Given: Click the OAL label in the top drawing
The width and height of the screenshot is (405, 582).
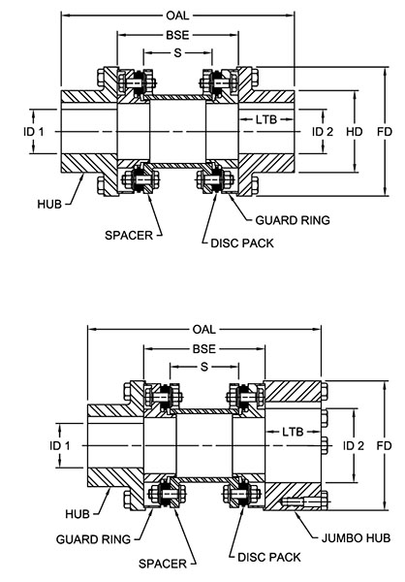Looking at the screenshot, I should click(x=177, y=16).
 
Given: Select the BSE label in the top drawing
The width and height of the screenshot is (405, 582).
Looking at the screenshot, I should click(x=177, y=34).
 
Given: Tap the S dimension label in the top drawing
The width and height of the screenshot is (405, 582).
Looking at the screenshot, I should click(x=177, y=51).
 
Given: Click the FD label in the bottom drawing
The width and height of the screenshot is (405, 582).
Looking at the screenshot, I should click(x=384, y=443).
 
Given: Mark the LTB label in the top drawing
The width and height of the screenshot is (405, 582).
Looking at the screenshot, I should click(x=270, y=120).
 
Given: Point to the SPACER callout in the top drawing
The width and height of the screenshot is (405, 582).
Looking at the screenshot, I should click(x=126, y=234).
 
